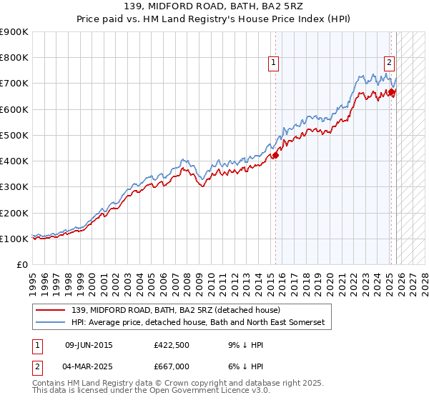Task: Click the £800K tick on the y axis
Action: point(14,58)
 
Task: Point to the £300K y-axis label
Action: point(14,187)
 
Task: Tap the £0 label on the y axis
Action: point(23,265)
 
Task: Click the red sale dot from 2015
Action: point(275,155)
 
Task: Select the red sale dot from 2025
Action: point(392,91)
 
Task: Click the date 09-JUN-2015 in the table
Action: point(89,345)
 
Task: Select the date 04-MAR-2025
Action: point(89,366)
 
